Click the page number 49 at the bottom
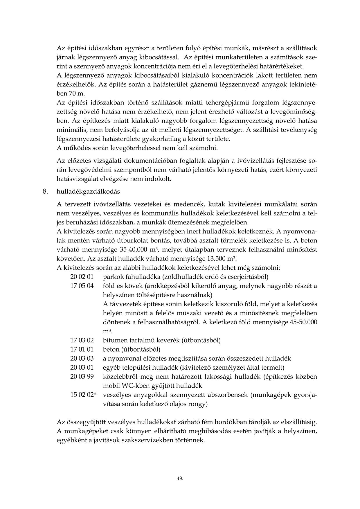180,479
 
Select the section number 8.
45,192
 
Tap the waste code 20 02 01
82,276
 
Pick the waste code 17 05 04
82,286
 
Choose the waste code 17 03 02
82,340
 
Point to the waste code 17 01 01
82,349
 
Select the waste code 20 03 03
82,359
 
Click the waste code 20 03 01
82,368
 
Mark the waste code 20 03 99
82,377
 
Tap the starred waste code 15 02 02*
83,395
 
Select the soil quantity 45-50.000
301,322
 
